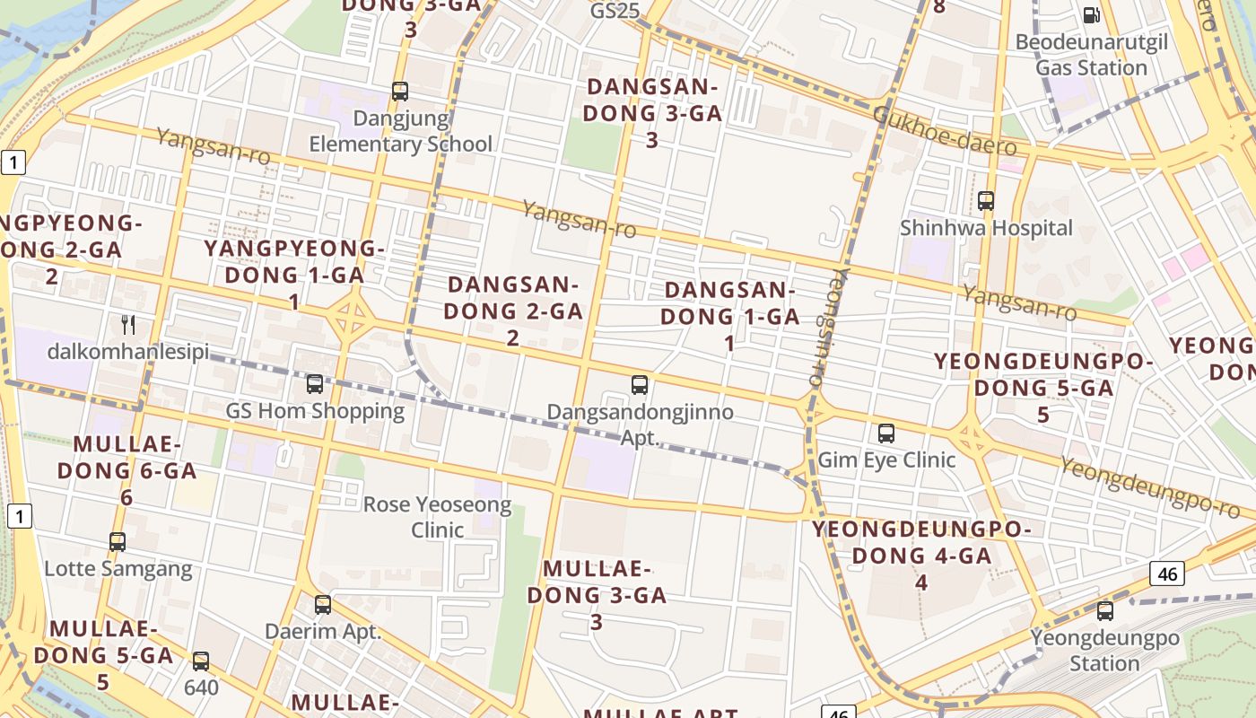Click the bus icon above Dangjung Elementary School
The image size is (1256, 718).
(400, 92)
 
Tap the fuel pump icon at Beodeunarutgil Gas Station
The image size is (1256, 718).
(1091, 14)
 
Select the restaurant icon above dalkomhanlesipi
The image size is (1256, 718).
(128, 324)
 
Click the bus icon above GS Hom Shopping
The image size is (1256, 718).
(314, 384)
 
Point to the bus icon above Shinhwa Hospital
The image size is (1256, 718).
(986, 201)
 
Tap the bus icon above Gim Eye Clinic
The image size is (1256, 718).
(886, 433)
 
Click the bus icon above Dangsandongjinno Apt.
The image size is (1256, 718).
(639, 385)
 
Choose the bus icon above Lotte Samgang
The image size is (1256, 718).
(118, 542)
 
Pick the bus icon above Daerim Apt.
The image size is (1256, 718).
(323, 605)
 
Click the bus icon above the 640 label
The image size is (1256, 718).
(201, 661)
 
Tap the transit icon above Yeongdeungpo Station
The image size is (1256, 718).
(1105, 611)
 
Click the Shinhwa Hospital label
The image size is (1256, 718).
(986, 228)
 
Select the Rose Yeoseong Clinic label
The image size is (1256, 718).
(437, 517)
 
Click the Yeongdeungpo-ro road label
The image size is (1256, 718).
(1149, 487)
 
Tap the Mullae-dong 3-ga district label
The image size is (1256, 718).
(597, 594)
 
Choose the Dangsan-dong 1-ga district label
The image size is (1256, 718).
(729, 316)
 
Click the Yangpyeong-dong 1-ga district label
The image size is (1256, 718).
(294, 274)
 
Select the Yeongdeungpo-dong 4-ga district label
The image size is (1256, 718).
(921, 555)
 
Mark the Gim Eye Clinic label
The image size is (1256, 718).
(886, 460)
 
